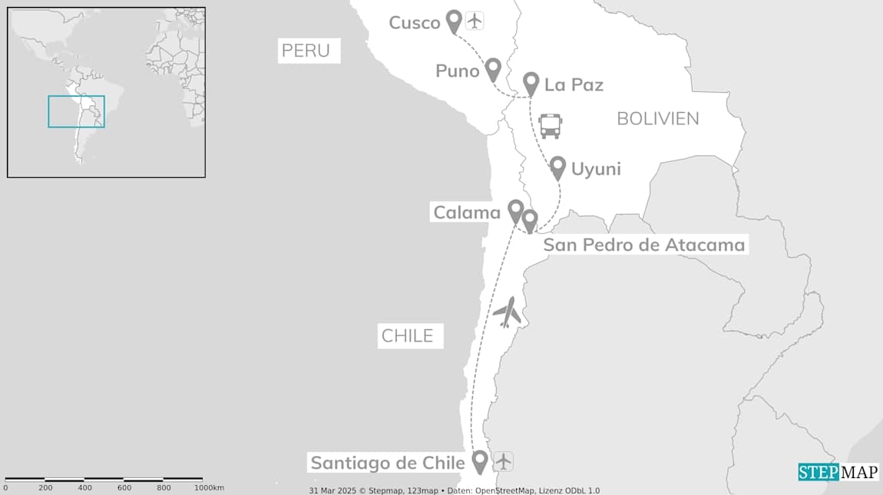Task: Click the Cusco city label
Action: [415, 22]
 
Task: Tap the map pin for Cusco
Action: [455, 21]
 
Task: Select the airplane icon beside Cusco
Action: [475, 21]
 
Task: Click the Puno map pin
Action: [493, 69]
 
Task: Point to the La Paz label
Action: [574, 84]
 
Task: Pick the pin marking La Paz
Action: [531, 83]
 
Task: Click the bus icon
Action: [551, 126]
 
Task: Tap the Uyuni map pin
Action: [558, 167]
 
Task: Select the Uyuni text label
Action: [596, 169]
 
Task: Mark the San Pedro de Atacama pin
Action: [529, 220]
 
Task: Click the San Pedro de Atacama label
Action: [644, 245]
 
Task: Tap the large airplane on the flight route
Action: [507, 312]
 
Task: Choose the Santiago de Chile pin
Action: [480, 460]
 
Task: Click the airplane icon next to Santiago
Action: [503, 461]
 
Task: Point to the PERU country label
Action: [306, 51]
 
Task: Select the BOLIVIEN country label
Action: [658, 118]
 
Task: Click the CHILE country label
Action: [408, 335]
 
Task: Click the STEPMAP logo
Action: [838, 472]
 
